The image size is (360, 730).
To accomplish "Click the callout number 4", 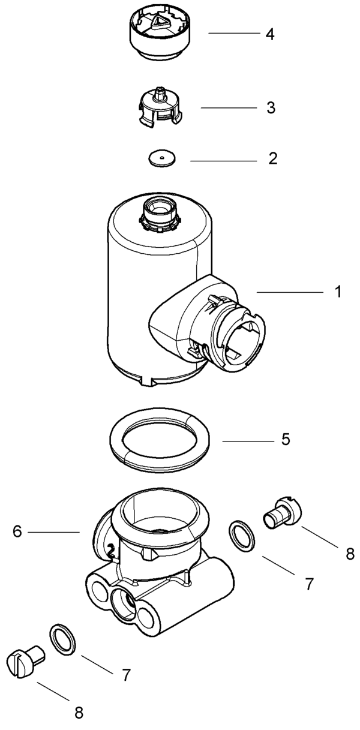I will [270, 34].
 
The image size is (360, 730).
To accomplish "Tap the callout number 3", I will [271, 108].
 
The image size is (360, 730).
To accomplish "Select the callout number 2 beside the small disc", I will [273, 159].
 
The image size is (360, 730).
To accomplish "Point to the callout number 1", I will [338, 292].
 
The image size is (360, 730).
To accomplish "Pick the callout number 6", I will [16, 531].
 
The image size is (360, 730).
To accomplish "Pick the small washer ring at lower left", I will [62, 639].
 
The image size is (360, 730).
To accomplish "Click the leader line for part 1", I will [289, 292].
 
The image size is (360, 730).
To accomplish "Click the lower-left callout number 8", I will [79, 713].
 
